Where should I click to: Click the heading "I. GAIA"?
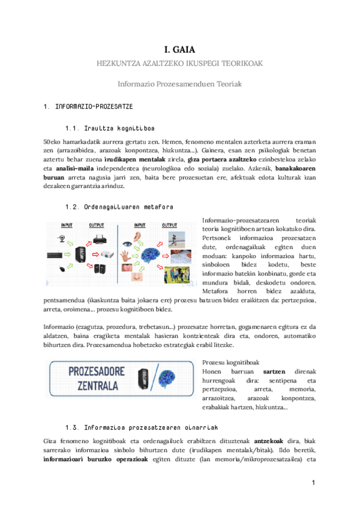coord(179,50)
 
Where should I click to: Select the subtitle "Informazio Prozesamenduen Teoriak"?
coord(179,85)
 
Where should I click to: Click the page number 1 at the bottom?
coord(313,483)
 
